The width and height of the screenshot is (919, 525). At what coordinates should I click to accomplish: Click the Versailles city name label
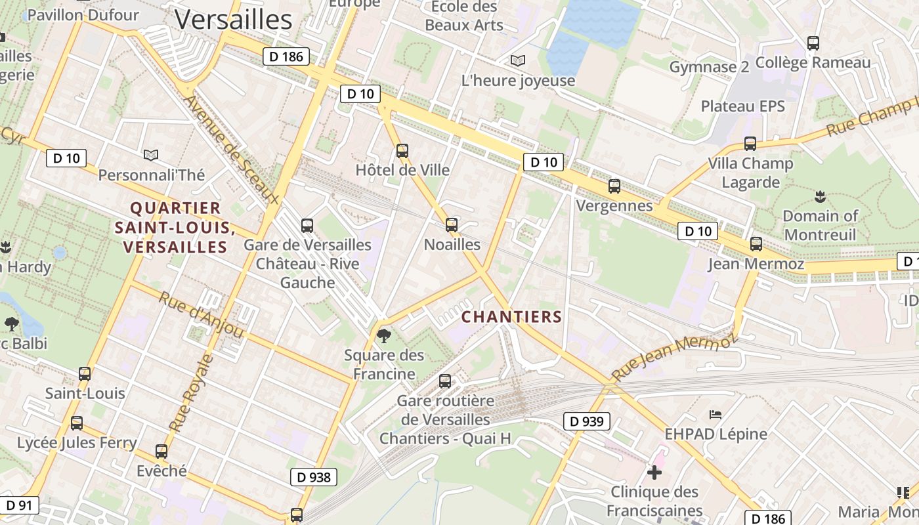click(x=233, y=20)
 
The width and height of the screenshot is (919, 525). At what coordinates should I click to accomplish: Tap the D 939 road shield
click(x=586, y=421)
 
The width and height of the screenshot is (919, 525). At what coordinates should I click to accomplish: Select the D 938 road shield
click(x=314, y=477)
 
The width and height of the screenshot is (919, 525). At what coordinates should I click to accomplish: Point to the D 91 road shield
click(x=19, y=505)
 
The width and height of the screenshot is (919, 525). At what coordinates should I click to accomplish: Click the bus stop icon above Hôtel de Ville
click(x=402, y=151)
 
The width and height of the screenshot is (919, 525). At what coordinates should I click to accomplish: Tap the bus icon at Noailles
click(x=452, y=225)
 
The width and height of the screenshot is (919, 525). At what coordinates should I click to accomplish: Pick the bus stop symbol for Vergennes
click(x=614, y=186)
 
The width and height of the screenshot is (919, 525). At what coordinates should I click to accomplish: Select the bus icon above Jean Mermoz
click(x=756, y=244)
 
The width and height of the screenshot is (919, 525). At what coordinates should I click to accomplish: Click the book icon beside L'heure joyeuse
click(x=518, y=61)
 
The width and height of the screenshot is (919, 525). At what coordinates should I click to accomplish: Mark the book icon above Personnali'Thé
click(x=151, y=155)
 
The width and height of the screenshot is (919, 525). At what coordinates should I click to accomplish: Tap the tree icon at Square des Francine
click(x=383, y=336)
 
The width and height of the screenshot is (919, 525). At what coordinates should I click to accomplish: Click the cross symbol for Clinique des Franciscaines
click(x=654, y=472)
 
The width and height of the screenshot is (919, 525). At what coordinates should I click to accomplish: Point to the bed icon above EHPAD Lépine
click(x=716, y=414)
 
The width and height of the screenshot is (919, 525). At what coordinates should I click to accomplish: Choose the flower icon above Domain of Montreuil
click(x=819, y=196)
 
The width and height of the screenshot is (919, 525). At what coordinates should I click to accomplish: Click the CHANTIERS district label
click(x=511, y=317)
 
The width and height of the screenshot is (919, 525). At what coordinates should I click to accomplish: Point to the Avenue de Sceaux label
click(x=231, y=150)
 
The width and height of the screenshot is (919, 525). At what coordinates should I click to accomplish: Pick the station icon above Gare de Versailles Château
click(x=307, y=226)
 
